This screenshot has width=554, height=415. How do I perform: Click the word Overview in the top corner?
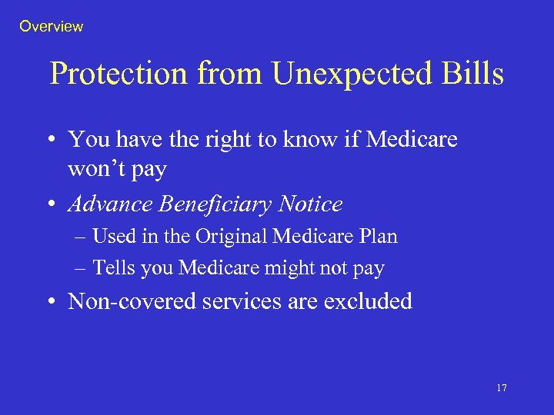[x=51, y=26]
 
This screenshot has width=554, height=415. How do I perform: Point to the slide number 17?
[x=501, y=388]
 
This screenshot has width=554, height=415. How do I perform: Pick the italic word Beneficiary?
[x=209, y=204]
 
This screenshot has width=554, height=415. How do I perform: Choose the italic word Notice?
[x=310, y=204]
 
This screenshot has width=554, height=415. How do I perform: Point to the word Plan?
[x=379, y=237]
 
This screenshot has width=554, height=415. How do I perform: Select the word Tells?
[x=112, y=268]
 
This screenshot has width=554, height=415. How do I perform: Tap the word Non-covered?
[x=132, y=301]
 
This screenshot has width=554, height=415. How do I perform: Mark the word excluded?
[x=368, y=301]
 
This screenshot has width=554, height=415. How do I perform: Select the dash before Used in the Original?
[x=82, y=237]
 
